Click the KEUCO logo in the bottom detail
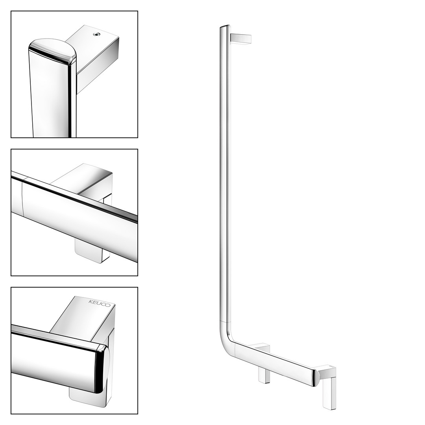click(x=100, y=303)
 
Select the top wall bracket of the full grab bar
click(x=241, y=39)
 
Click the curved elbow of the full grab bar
click(x=226, y=336)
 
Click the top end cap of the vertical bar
click(x=225, y=27)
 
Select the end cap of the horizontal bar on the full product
click(x=315, y=377)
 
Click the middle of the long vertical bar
click(x=225, y=174)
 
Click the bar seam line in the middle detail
click(x=23, y=197)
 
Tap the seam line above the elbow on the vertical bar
click(x=225, y=322)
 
